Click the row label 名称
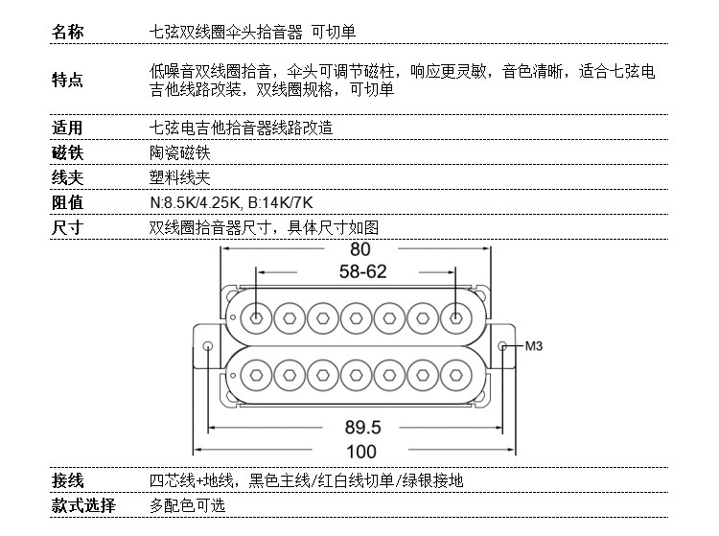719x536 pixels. click(x=67, y=32)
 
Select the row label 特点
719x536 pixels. click(x=67, y=81)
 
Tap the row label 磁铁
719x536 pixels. click(x=67, y=152)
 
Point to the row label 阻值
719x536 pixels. click(x=67, y=202)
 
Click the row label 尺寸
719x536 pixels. click(x=67, y=227)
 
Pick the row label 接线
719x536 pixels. click(x=67, y=480)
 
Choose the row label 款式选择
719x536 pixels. click(x=83, y=505)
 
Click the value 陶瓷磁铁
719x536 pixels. click(x=179, y=152)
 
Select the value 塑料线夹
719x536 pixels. click(x=179, y=177)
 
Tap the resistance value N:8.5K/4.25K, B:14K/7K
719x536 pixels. click(x=231, y=202)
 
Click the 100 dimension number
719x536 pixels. click(x=361, y=451)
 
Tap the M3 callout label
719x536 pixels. click(x=534, y=346)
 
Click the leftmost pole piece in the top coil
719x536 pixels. click(x=258, y=317)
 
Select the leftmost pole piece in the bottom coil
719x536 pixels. click(x=258, y=371)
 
